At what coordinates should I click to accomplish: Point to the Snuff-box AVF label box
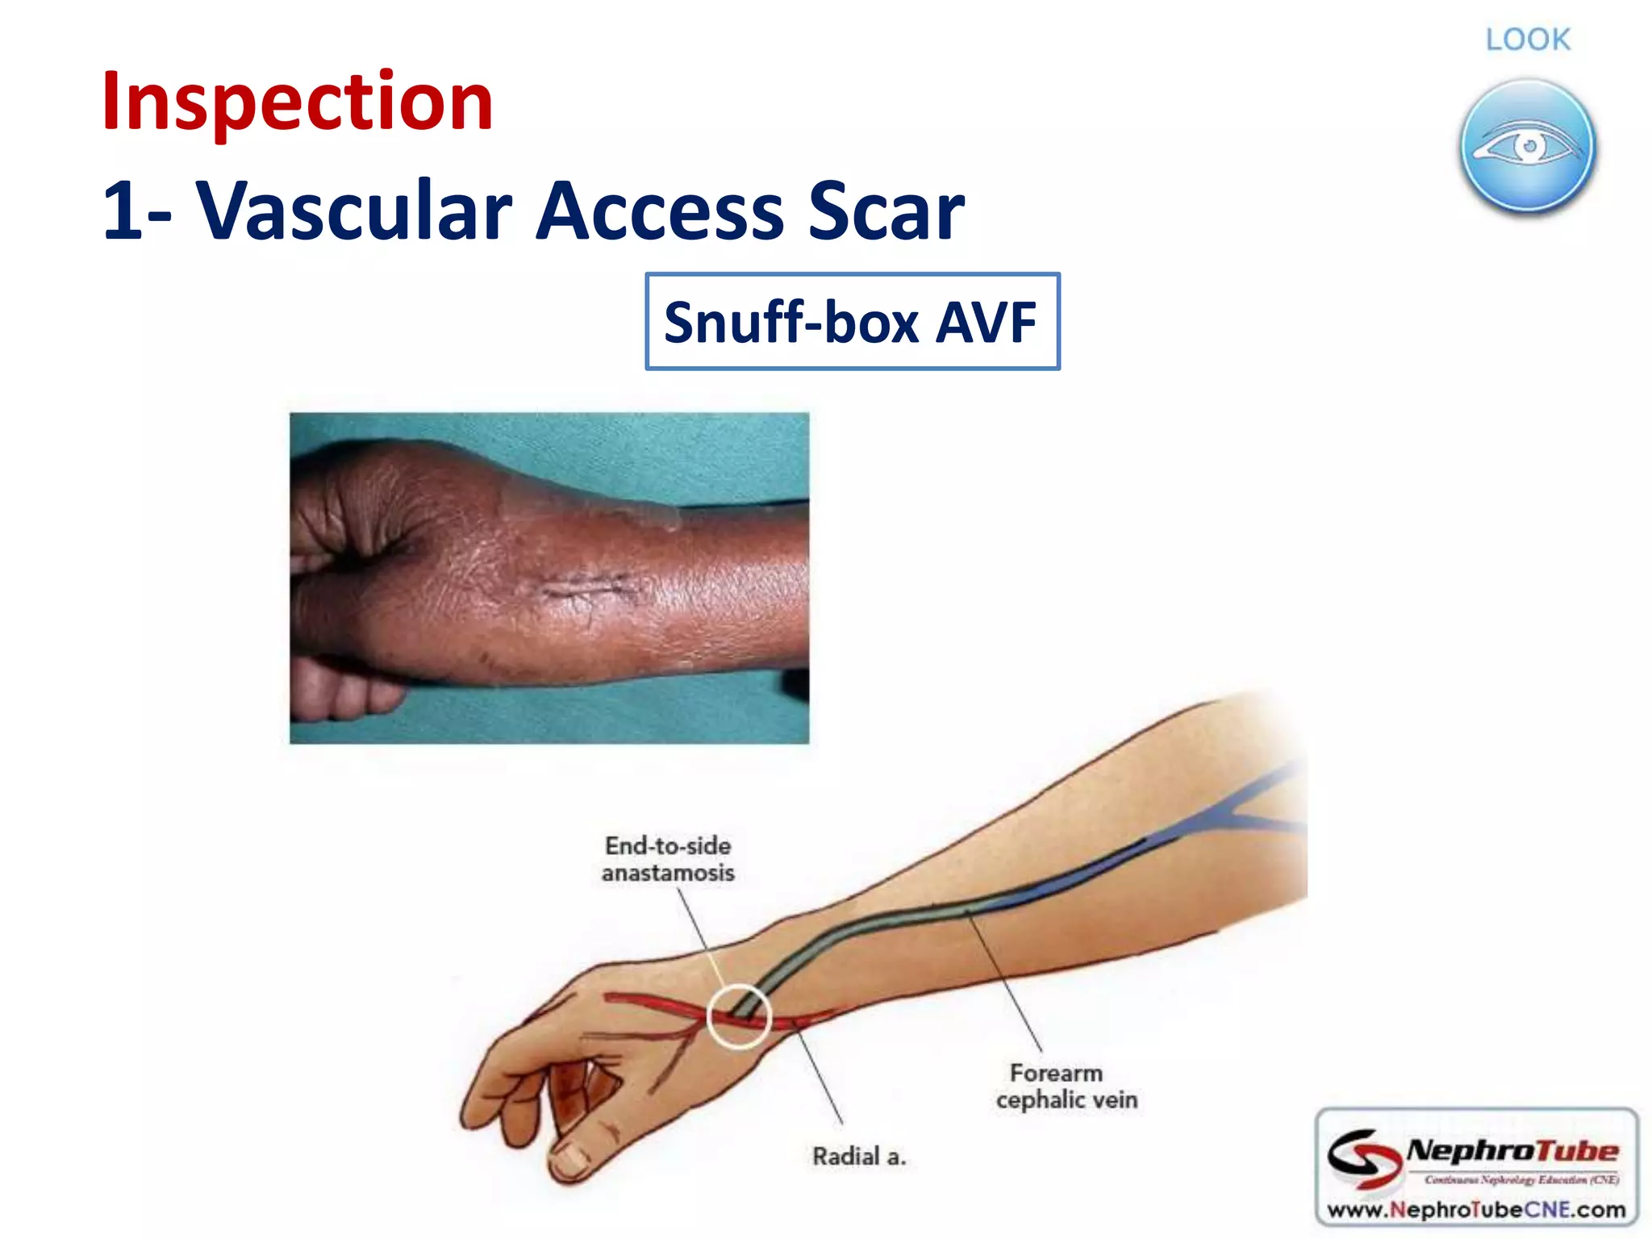[x=852, y=322]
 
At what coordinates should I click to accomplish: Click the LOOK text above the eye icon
[x=1528, y=40]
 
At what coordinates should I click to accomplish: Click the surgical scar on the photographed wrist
[x=585, y=587]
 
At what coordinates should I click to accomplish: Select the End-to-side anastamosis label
[x=668, y=859]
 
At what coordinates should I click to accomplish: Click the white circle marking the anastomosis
[x=739, y=1016]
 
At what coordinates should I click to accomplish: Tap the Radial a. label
[x=859, y=1157]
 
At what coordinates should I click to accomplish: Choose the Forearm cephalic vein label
[x=1066, y=1087]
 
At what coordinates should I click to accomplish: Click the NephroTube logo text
[x=1512, y=1151]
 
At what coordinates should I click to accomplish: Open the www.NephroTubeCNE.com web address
[x=1475, y=1209]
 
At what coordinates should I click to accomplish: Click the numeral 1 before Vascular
[x=123, y=211]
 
